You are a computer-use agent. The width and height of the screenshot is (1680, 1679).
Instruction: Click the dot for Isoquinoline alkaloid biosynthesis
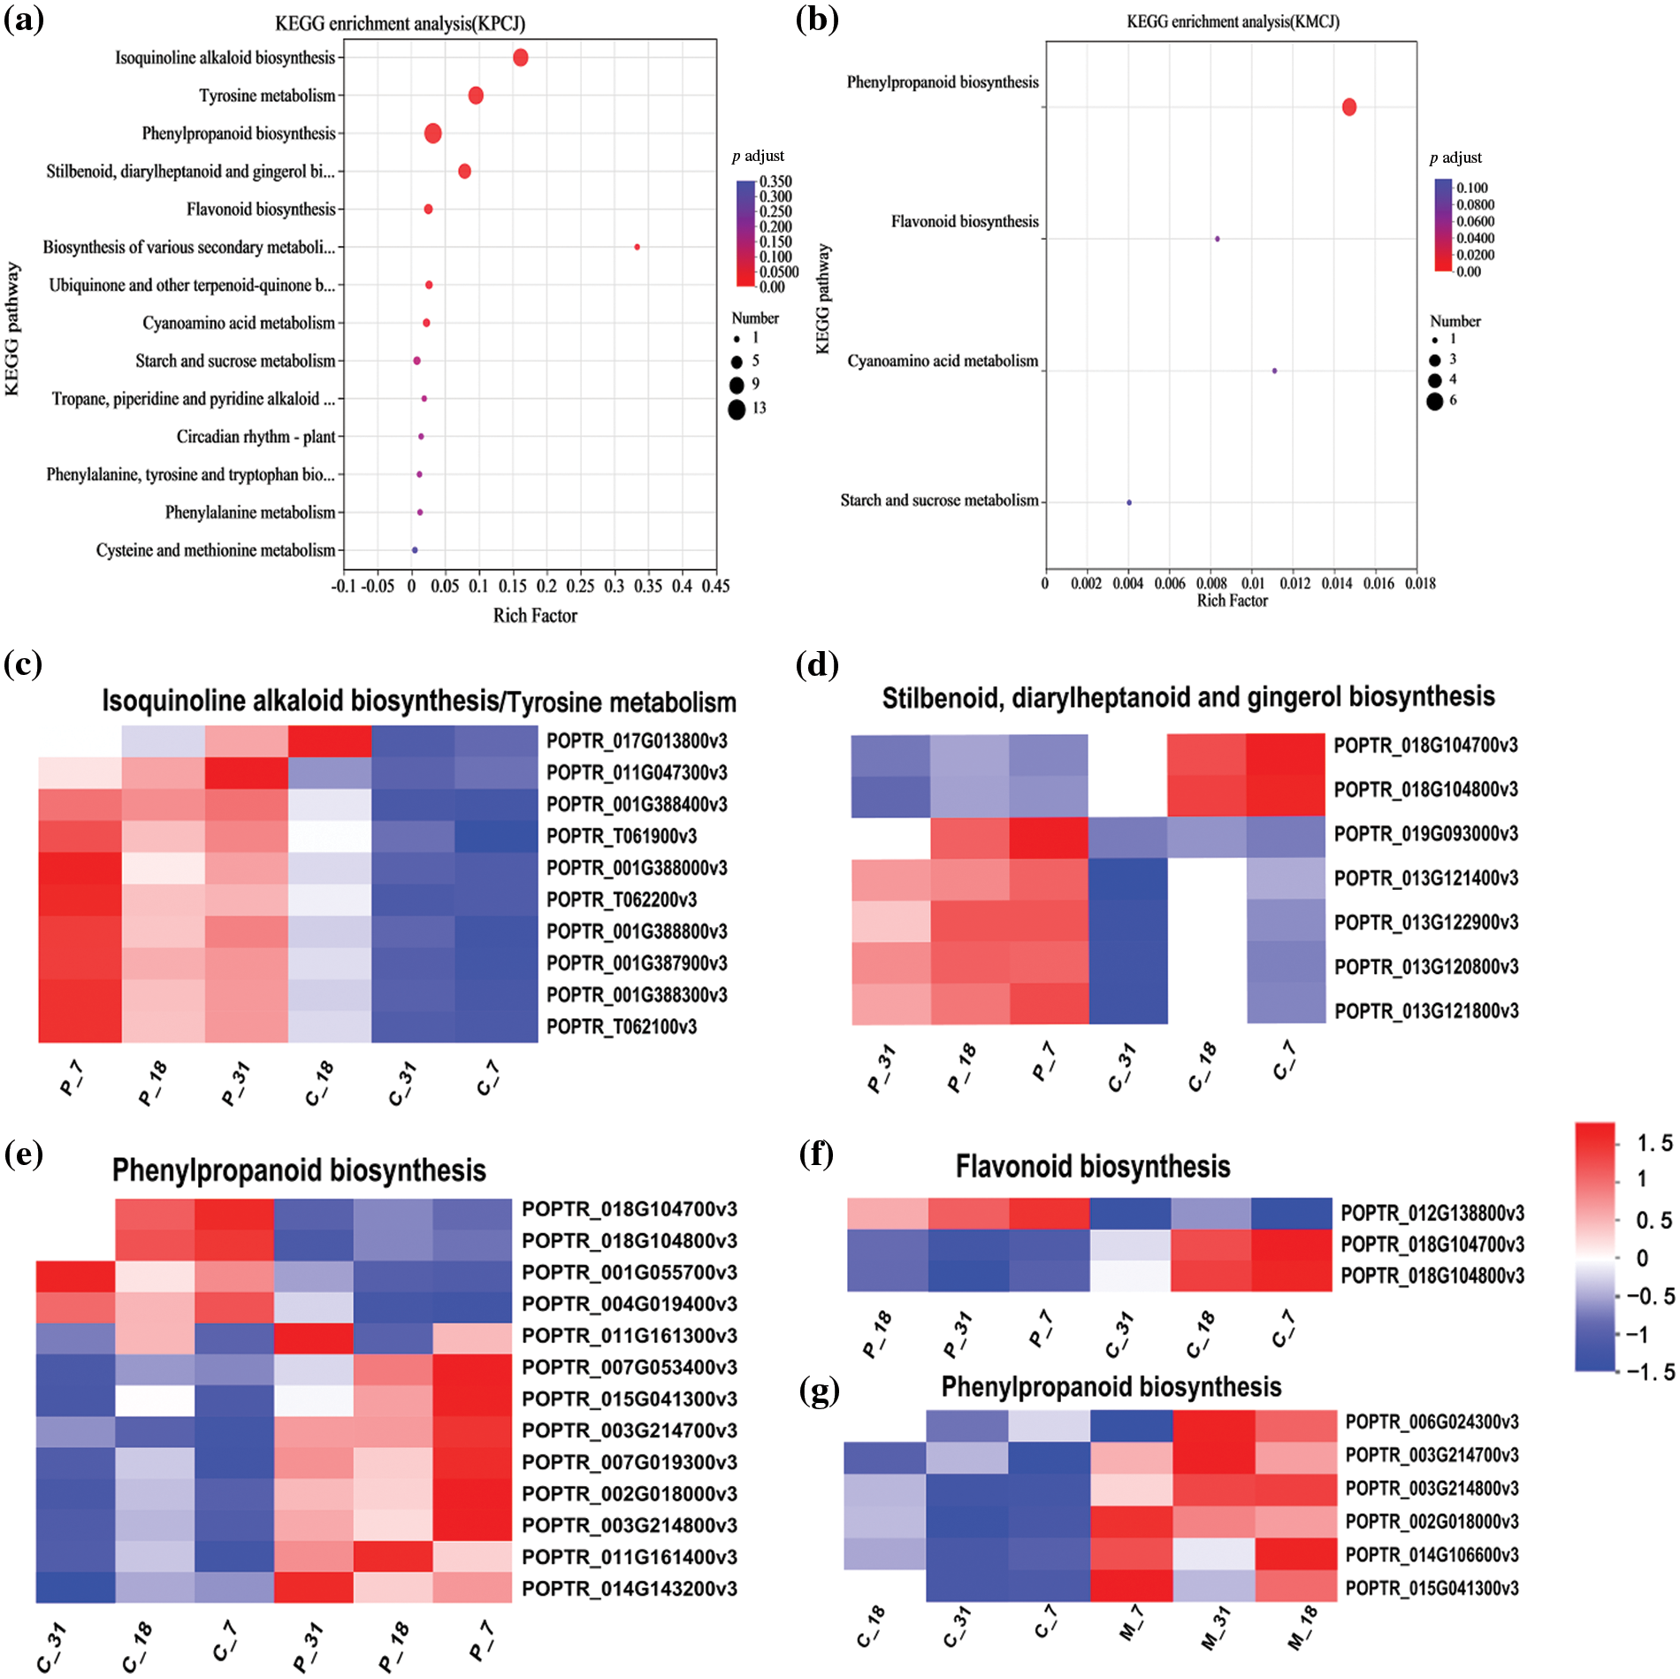click(x=520, y=57)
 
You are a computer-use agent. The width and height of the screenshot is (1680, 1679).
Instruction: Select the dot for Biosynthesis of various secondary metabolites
click(x=637, y=247)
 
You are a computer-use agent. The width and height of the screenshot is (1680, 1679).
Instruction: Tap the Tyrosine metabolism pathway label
click(x=267, y=96)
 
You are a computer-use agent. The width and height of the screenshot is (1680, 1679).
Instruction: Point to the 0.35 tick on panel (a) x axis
click(x=648, y=586)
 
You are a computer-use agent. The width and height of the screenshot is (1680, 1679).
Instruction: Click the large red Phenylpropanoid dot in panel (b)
click(x=1348, y=107)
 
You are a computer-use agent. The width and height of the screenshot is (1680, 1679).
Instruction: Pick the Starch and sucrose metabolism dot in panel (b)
click(x=1129, y=502)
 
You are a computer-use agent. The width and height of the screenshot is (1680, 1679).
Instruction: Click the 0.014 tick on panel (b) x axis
click(x=1336, y=583)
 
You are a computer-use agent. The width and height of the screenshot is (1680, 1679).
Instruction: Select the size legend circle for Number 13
click(x=737, y=410)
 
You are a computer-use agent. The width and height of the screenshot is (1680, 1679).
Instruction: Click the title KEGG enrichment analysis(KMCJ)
click(x=1233, y=21)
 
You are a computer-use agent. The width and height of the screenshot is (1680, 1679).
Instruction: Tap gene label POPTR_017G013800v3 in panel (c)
click(x=637, y=741)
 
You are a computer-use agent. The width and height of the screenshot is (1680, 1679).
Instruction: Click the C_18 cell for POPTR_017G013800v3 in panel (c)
click(x=330, y=741)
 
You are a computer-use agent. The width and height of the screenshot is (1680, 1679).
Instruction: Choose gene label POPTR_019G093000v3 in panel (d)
click(x=1425, y=834)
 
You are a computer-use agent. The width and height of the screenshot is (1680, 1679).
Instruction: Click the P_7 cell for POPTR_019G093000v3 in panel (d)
click(x=1049, y=837)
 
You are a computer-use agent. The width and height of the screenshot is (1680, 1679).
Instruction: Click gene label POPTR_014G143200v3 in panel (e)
click(x=629, y=1589)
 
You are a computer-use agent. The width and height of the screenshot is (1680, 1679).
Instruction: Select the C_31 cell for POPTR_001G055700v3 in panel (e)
click(x=75, y=1276)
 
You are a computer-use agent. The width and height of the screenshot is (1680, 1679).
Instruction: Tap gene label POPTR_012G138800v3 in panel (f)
click(x=1432, y=1213)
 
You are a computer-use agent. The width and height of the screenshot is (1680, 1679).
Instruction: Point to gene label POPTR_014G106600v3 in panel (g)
click(x=1432, y=1555)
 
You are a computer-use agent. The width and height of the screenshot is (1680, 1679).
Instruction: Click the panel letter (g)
click(x=819, y=1391)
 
